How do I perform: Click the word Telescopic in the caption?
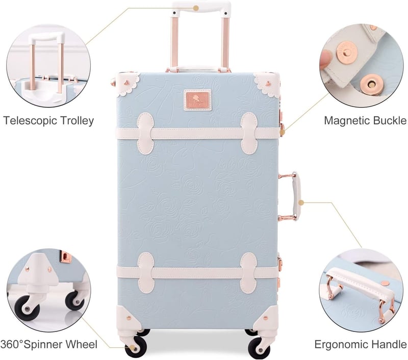(30, 121)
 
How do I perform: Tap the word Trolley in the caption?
(77, 121)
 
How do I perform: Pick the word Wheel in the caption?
(83, 344)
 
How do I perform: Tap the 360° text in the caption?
(12, 344)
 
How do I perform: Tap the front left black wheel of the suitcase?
(136, 348)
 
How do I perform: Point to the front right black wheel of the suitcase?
(258, 348)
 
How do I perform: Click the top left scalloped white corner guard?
(127, 83)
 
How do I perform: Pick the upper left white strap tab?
(145, 133)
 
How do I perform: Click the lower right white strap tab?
(248, 273)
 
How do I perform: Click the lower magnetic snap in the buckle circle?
(370, 84)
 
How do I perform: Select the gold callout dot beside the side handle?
(301, 202)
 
